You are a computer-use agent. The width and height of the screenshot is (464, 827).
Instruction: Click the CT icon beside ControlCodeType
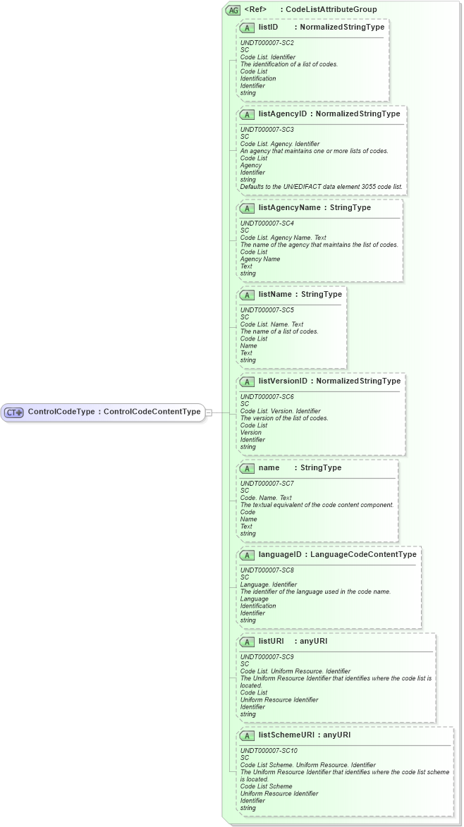point(14,412)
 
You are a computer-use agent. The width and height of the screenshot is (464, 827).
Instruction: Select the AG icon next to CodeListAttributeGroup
point(233,10)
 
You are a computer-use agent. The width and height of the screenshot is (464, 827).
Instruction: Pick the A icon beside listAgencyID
point(247,114)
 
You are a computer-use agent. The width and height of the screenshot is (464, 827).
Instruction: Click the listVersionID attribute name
point(283,381)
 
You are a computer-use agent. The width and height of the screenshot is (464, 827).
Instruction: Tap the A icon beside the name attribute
point(247,468)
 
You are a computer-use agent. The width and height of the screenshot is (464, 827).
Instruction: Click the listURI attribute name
point(271,642)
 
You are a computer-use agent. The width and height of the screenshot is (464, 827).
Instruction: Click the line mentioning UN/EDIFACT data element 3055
point(322,187)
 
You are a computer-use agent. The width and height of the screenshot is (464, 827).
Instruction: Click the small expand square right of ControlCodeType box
point(208,412)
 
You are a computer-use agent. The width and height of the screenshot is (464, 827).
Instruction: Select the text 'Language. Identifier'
point(269,584)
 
